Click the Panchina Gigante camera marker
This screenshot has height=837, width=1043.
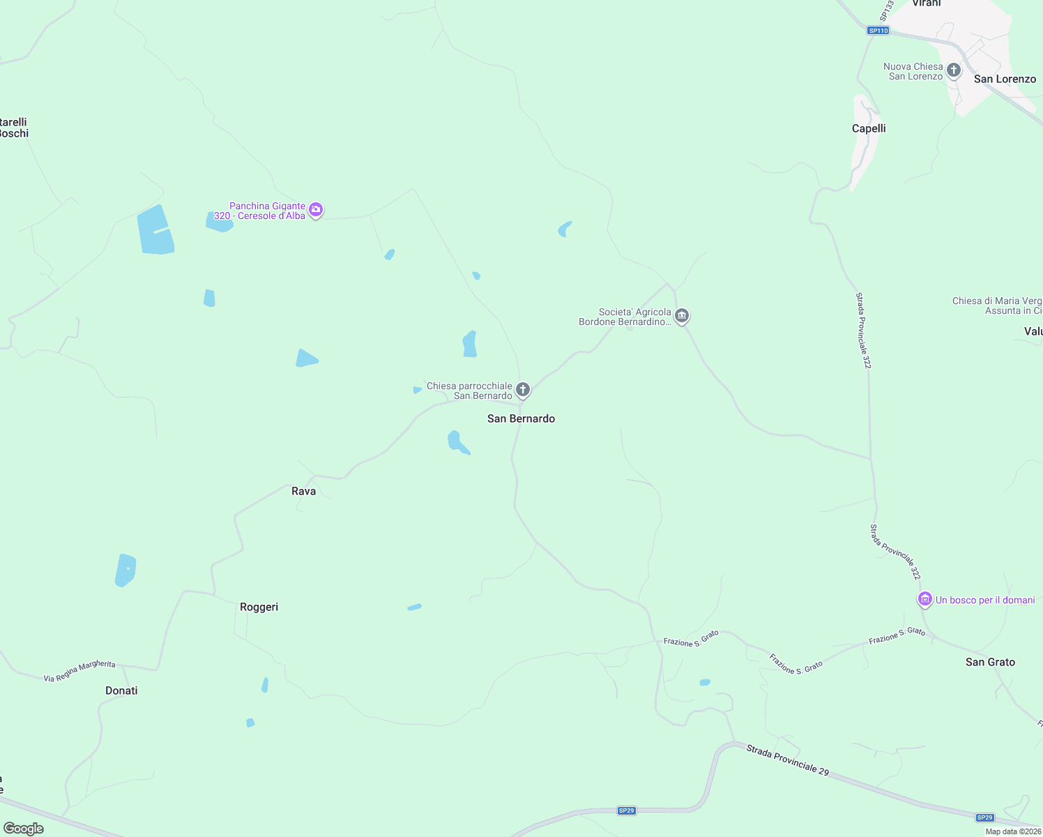point(316,209)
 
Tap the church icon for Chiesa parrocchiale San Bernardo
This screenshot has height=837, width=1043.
point(523,390)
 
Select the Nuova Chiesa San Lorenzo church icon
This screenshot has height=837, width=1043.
point(954,70)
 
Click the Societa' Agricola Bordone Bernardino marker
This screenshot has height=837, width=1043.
point(682,316)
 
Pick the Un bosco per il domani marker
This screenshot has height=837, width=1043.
point(924,599)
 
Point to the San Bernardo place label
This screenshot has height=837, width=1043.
point(521,418)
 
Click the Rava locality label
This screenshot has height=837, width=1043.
point(303,491)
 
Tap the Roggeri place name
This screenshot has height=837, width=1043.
point(259,607)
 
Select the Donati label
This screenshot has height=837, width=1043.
point(121,691)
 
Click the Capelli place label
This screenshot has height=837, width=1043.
point(869,128)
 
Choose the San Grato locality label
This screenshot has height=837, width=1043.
point(990,662)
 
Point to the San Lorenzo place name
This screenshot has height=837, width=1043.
point(1005,79)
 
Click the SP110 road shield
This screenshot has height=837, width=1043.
point(878,31)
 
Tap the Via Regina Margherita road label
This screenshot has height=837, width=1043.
point(79,672)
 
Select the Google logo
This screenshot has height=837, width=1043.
point(24,829)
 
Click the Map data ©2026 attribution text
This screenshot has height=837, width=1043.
point(1013,831)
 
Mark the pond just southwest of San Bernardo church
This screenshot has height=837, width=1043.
point(457,442)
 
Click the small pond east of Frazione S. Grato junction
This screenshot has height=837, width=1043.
point(705,682)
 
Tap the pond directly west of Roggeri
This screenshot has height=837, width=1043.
point(125,570)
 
